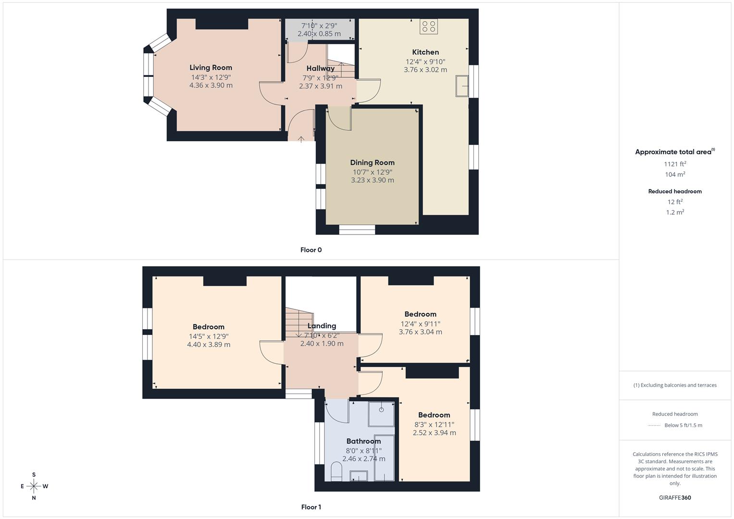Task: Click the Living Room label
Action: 211,67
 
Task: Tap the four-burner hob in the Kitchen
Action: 429,26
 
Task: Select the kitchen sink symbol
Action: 462,86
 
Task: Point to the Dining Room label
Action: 372,162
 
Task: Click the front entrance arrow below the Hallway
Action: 301,139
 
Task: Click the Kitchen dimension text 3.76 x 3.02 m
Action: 425,70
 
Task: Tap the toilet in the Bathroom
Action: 336,471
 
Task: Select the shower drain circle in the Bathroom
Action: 381,409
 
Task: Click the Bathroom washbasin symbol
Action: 359,476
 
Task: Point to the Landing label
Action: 322,326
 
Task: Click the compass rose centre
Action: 34,486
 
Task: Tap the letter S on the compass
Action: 34,474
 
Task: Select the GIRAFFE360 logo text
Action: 675,497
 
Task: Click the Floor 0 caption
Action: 311,250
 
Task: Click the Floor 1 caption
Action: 311,507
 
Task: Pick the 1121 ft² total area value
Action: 675,164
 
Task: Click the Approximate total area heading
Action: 675,152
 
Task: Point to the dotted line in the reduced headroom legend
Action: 654,425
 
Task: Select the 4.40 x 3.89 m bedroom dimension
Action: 209,345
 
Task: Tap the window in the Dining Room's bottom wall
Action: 357,230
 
